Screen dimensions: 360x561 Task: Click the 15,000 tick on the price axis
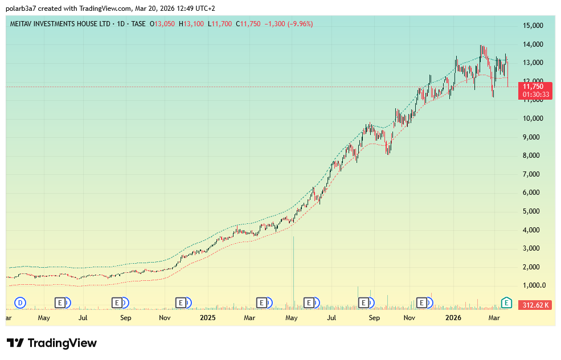(x=533, y=26)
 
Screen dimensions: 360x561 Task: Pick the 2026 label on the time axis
(x=453, y=317)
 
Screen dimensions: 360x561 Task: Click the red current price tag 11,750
(x=535, y=87)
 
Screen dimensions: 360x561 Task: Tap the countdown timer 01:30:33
(x=535, y=95)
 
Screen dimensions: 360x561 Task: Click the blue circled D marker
(x=21, y=302)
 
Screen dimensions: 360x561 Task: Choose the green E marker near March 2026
(x=506, y=302)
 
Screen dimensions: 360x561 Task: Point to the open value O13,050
(x=163, y=24)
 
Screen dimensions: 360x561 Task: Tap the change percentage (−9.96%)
(x=297, y=24)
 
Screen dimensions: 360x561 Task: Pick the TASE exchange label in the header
(x=137, y=24)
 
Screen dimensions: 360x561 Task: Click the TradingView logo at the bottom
(x=52, y=343)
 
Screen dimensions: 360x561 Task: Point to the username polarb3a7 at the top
(x=21, y=9)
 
